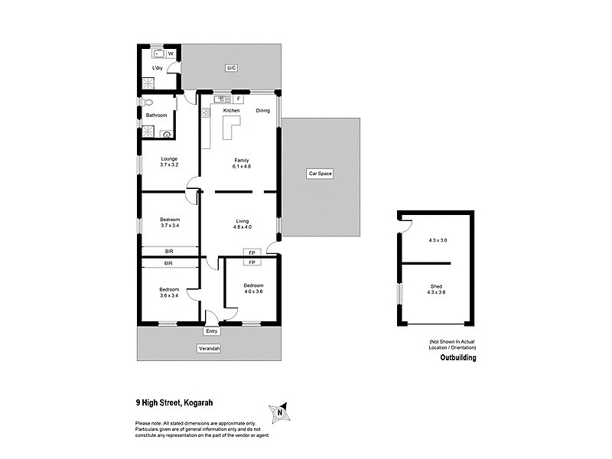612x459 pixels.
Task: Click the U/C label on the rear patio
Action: click(231, 69)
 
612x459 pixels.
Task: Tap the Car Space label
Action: click(320, 174)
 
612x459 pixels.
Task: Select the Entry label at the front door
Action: click(212, 331)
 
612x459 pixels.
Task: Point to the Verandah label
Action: click(210, 349)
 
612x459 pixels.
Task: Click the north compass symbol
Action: click(280, 413)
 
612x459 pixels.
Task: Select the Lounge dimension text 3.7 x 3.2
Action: click(169, 165)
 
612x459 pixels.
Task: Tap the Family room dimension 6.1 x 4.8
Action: click(243, 165)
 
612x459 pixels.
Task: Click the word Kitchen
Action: click(231, 110)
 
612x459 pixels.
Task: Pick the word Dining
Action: click(263, 110)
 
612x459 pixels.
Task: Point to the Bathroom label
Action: click(156, 115)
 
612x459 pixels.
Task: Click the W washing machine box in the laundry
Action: click(170, 54)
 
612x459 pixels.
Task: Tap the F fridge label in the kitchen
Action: click(238, 99)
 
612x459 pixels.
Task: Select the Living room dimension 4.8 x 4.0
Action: click(243, 227)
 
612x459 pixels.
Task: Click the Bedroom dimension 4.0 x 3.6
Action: click(253, 291)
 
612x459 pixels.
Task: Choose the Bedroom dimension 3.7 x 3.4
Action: click(169, 226)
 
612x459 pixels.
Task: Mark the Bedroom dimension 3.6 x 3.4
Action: click(169, 295)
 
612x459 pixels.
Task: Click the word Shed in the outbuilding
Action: click(437, 285)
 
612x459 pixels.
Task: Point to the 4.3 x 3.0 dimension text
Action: click(437, 241)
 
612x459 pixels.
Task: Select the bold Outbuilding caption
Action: click(457, 357)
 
